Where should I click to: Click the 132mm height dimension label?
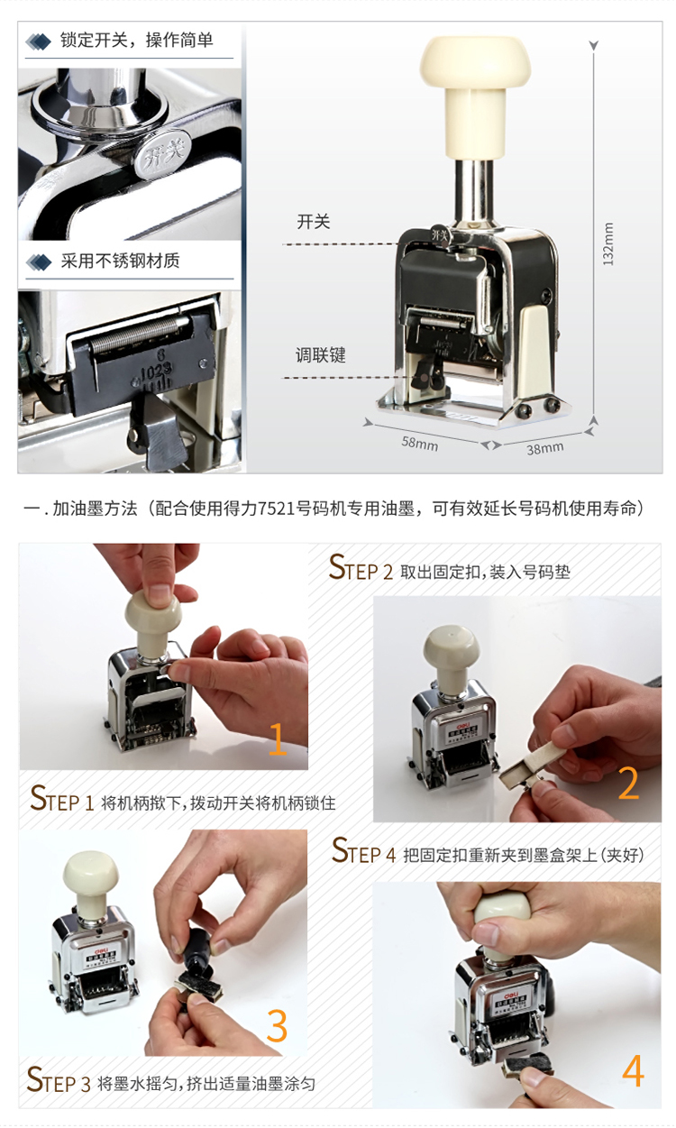tap(608, 243)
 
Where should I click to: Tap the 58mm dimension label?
tap(419, 444)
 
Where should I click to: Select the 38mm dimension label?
tap(545, 447)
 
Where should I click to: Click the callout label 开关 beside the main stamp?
tap(313, 222)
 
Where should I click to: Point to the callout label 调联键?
tap(320, 355)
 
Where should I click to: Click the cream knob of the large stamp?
tap(475, 96)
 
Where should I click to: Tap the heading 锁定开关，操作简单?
tap(136, 40)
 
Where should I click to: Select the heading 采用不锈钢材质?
tap(120, 261)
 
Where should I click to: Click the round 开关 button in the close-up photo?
tap(162, 153)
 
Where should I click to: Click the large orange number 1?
tap(278, 739)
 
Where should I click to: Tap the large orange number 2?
tap(629, 783)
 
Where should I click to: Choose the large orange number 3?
tap(277, 1025)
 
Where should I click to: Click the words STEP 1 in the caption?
tap(62, 799)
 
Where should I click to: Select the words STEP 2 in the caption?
tap(361, 567)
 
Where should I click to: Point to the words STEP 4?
tap(364, 850)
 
